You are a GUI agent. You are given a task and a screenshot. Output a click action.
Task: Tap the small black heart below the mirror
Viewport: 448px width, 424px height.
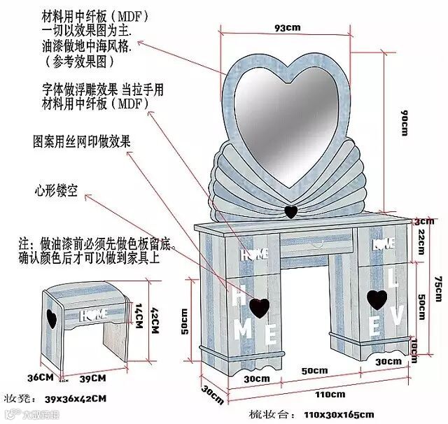[291, 211]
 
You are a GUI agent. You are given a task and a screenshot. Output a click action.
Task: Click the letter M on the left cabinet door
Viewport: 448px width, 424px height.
[243, 328]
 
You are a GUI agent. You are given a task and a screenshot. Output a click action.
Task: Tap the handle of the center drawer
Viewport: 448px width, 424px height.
[316, 244]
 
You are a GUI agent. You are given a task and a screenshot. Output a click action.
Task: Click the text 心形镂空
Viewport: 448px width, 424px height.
[62, 190]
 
